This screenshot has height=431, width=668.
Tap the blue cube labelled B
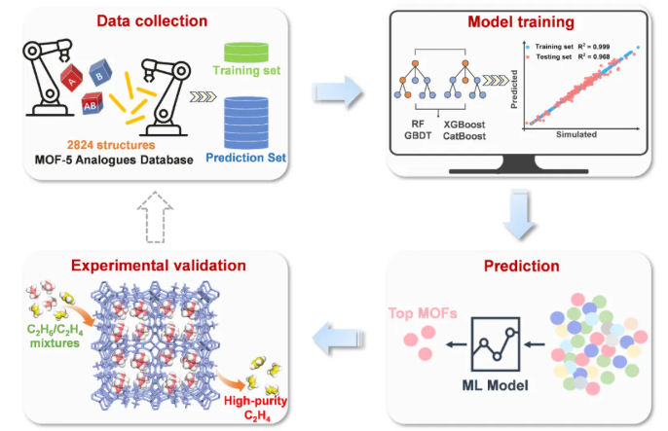point(98,72)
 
